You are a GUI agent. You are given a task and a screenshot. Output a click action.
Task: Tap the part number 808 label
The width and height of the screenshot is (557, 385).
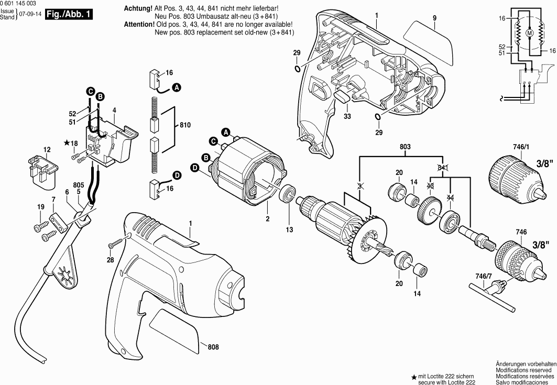(x=213, y=347)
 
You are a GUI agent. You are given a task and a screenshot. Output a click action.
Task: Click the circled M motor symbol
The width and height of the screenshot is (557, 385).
(x=529, y=33)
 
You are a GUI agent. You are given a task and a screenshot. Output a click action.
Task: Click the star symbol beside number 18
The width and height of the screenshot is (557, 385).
(x=67, y=143)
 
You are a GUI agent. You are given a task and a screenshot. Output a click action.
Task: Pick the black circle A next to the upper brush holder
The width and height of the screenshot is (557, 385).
(x=177, y=86)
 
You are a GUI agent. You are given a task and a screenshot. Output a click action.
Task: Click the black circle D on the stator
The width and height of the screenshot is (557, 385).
(x=194, y=168)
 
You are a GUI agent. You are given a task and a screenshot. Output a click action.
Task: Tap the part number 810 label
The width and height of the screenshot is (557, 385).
(x=184, y=126)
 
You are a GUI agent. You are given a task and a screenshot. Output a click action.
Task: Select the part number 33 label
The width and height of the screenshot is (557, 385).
(x=347, y=116)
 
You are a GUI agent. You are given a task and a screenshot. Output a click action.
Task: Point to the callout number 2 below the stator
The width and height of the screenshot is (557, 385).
(x=267, y=218)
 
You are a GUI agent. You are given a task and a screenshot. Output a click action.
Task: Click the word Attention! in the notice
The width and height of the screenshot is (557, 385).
(x=140, y=25)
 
